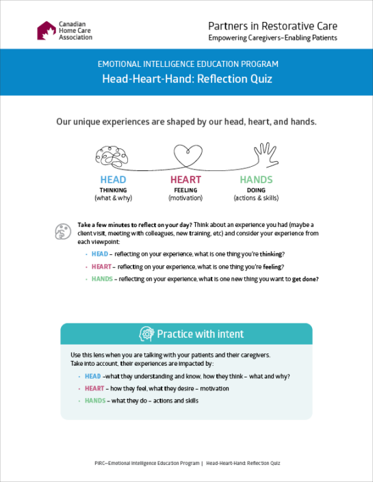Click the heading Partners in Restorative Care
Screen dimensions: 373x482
[272, 26]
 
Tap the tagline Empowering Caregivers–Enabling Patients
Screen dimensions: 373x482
[272, 38]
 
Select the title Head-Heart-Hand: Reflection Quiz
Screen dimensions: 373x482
[186, 79]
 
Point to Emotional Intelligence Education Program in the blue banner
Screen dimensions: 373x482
[186, 64]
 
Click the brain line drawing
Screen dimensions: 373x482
[112, 156]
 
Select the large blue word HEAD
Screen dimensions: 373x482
[113, 180]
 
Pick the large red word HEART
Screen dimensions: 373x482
[185, 180]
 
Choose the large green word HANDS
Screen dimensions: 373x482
[256, 180]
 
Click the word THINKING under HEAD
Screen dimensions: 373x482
[113, 190]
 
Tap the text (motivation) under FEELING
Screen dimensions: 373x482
[185, 198]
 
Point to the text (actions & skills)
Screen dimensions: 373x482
[256, 198]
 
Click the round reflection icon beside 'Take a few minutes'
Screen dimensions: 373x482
[62, 230]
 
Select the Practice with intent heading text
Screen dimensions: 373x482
[200, 334]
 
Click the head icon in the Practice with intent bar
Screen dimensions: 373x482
[146, 334]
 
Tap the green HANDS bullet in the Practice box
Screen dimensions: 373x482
[94, 401]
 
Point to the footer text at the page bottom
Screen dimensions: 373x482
[186, 463]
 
